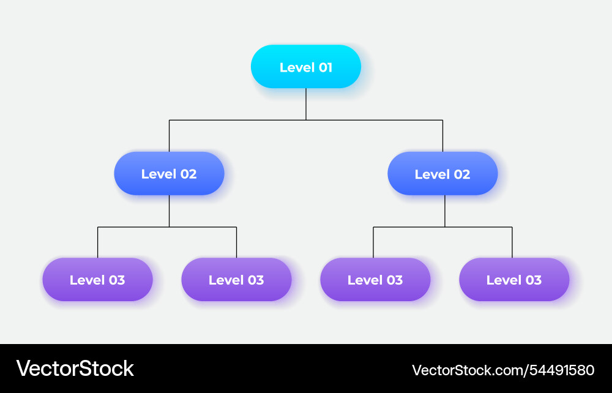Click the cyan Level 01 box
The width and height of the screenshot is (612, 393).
305,67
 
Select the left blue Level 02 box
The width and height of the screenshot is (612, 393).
169,173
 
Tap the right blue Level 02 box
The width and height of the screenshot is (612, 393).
442,173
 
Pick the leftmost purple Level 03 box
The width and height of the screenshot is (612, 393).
97,280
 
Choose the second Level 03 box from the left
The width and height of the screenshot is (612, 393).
236,280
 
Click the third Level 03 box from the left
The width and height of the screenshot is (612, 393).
375,280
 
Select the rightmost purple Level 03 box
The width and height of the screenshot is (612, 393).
514,280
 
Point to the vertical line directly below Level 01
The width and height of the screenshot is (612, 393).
306,103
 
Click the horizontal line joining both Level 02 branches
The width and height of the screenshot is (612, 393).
239,120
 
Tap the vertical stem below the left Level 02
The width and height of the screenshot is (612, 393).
170,211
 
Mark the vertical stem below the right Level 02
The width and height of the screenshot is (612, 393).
445,211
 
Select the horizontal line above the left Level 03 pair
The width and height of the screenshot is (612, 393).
135,227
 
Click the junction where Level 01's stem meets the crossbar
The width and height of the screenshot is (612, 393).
306,120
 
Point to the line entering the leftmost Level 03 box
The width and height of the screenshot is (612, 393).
97,242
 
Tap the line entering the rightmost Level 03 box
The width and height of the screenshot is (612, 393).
512,242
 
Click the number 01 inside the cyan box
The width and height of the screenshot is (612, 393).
325,67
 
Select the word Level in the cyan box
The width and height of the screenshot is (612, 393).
297,67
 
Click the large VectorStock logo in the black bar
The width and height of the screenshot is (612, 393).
75,369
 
